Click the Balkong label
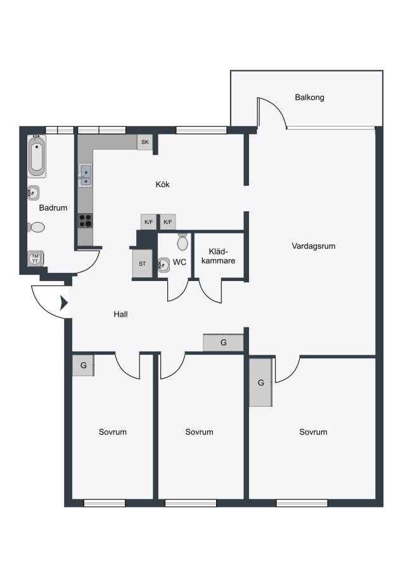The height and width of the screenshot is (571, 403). [309, 98]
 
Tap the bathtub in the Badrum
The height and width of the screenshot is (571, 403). [37, 157]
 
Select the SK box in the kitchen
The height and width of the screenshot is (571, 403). [144, 142]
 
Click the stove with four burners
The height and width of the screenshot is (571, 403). [86, 221]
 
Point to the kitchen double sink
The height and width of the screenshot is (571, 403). [86, 176]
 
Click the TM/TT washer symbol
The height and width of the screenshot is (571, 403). [35, 259]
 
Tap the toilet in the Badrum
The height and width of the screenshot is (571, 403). [36, 228]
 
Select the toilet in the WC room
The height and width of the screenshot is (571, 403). [182, 242]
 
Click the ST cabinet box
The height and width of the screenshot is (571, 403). [142, 264]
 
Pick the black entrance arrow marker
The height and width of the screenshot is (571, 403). [64, 303]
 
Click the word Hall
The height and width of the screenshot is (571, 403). [121, 314]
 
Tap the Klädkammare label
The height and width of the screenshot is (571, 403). [218, 256]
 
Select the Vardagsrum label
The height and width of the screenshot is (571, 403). [314, 246]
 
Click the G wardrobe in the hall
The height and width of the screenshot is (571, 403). [223, 343]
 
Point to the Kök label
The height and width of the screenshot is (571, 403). [163, 185]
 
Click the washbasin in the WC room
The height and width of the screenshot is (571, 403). [163, 265]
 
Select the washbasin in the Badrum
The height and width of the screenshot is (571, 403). [34, 193]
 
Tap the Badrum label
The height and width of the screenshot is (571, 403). [53, 208]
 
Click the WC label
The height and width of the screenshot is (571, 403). [180, 262]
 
